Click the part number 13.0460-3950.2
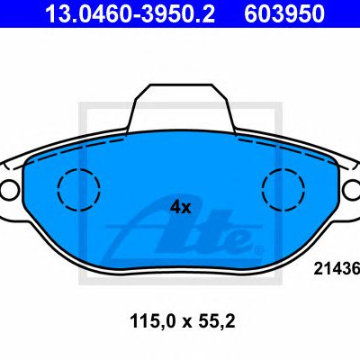click(130, 13)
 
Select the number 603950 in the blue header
click(284, 13)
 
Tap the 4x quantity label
click(181, 207)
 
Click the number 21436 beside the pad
click(337, 268)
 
